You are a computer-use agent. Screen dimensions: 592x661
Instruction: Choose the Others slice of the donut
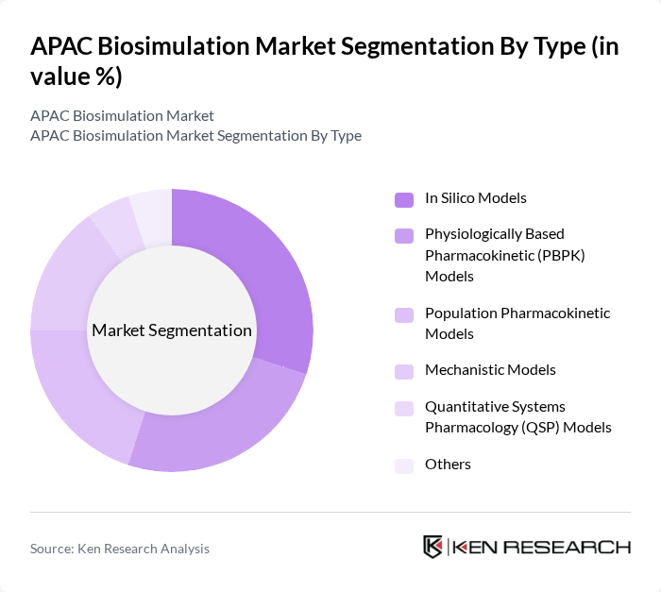coord(151,213)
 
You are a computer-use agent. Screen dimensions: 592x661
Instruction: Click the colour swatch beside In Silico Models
coord(404,198)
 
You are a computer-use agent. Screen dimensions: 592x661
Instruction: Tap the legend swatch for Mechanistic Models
coord(404,370)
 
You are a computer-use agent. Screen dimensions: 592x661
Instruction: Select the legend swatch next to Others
coord(404,465)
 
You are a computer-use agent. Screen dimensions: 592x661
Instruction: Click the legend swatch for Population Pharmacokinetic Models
coord(404,313)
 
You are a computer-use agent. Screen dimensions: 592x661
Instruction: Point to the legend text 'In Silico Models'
coord(476,198)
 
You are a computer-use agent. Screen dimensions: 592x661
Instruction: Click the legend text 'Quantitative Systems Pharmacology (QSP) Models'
coord(518,417)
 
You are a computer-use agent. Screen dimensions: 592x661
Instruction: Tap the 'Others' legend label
coord(448,465)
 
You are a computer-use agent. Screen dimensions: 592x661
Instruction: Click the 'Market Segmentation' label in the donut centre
coord(172,330)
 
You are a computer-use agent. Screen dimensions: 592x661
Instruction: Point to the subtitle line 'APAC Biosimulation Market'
coord(122,115)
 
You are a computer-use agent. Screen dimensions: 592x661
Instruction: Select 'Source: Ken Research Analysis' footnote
coord(120,549)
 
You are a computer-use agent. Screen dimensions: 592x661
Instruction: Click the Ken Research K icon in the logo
coord(433,547)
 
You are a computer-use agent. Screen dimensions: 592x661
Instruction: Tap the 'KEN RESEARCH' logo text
coord(542,547)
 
